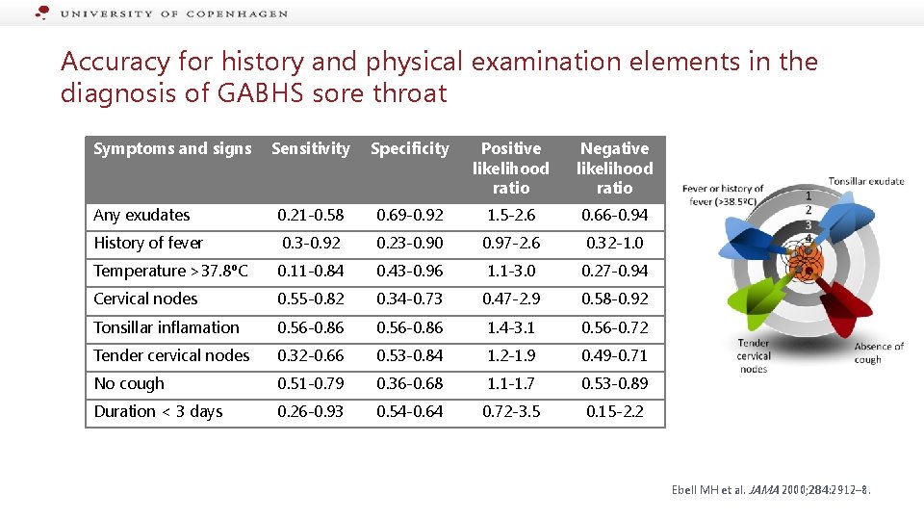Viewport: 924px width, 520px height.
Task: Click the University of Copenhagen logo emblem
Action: (42, 13)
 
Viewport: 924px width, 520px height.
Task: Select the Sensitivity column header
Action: (310, 148)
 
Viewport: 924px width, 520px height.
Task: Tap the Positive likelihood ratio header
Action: (510, 168)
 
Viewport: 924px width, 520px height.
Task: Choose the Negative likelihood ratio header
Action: (614, 168)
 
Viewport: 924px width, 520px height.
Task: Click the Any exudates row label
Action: (141, 215)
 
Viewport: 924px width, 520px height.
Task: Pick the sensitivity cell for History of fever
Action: (310, 243)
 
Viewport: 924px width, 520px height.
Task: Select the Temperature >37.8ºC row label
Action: (170, 271)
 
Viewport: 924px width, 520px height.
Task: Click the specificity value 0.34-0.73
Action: (409, 299)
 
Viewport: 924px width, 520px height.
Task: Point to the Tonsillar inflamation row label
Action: (167, 327)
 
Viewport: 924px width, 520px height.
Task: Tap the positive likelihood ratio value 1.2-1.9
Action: (510, 355)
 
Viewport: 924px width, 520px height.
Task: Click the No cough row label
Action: (129, 383)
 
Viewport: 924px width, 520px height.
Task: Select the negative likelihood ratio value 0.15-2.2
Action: (614, 411)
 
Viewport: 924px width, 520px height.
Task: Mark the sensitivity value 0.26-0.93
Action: (310, 411)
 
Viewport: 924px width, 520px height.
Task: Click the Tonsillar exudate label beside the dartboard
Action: (866, 181)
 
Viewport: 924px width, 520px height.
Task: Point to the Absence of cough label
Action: (879, 352)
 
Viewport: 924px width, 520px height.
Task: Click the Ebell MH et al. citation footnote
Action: (771, 490)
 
